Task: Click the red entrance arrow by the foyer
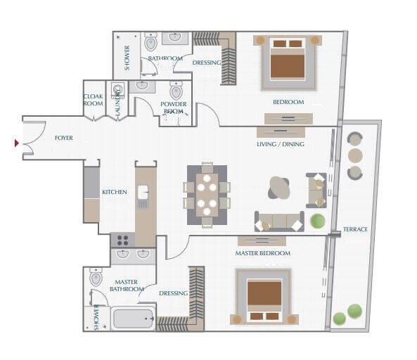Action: pyautogui.click(x=17, y=143)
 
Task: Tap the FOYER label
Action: pyautogui.click(x=64, y=138)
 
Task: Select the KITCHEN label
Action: pyautogui.click(x=114, y=192)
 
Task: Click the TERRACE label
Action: pyautogui.click(x=355, y=230)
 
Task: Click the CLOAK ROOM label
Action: pyautogui.click(x=94, y=101)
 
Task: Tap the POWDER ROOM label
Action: pyautogui.click(x=174, y=108)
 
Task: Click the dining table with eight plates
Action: pyautogui.click(x=207, y=195)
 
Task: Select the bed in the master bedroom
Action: pyautogui.click(x=264, y=297)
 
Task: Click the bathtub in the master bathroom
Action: pyautogui.click(x=133, y=319)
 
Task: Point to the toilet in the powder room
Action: pyautogui.click(x=176, y=91)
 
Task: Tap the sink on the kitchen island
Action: pyautogui.click(x=143, y=191)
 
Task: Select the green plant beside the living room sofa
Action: pyautogui.click(x=318, y=221)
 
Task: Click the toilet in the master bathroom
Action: pyautogui.click(x=96, y=278)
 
